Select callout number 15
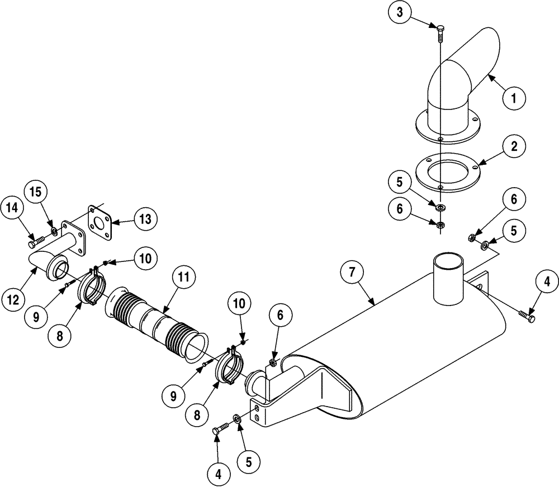35,192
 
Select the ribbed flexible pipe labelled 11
154,324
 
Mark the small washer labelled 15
54,231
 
